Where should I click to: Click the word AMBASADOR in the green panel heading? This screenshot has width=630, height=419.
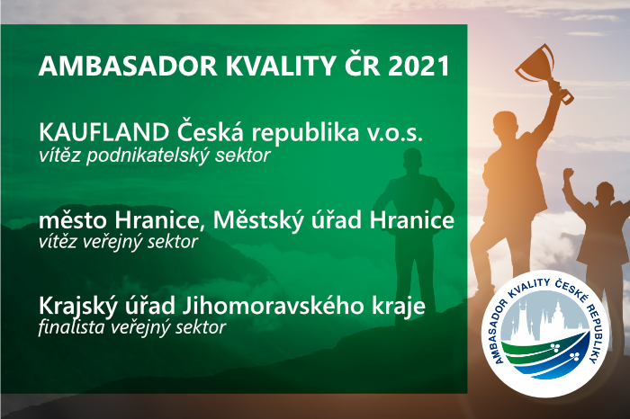(128, 66)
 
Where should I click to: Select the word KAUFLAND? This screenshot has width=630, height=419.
(103, 132)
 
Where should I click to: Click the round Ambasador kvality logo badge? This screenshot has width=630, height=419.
(545, 334)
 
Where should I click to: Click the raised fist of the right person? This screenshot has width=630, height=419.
(568, 174)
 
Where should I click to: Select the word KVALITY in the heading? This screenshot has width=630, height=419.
(281, 66)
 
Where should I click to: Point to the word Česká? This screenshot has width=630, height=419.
(210, 131)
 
